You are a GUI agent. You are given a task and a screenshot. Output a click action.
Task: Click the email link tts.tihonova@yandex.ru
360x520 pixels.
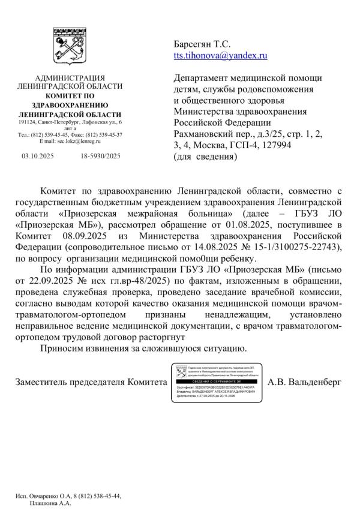click(x=220, y=55)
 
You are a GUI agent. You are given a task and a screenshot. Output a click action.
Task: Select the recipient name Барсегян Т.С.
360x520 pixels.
click(x=202, y=44)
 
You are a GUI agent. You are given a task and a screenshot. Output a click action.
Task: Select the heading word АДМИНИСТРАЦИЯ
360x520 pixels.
click(x=70, y=79)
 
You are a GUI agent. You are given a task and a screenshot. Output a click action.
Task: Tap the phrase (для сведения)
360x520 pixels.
click(x=205, y=157)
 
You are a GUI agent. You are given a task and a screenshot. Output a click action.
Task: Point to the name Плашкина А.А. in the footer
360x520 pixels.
click(x=50, y=504)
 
